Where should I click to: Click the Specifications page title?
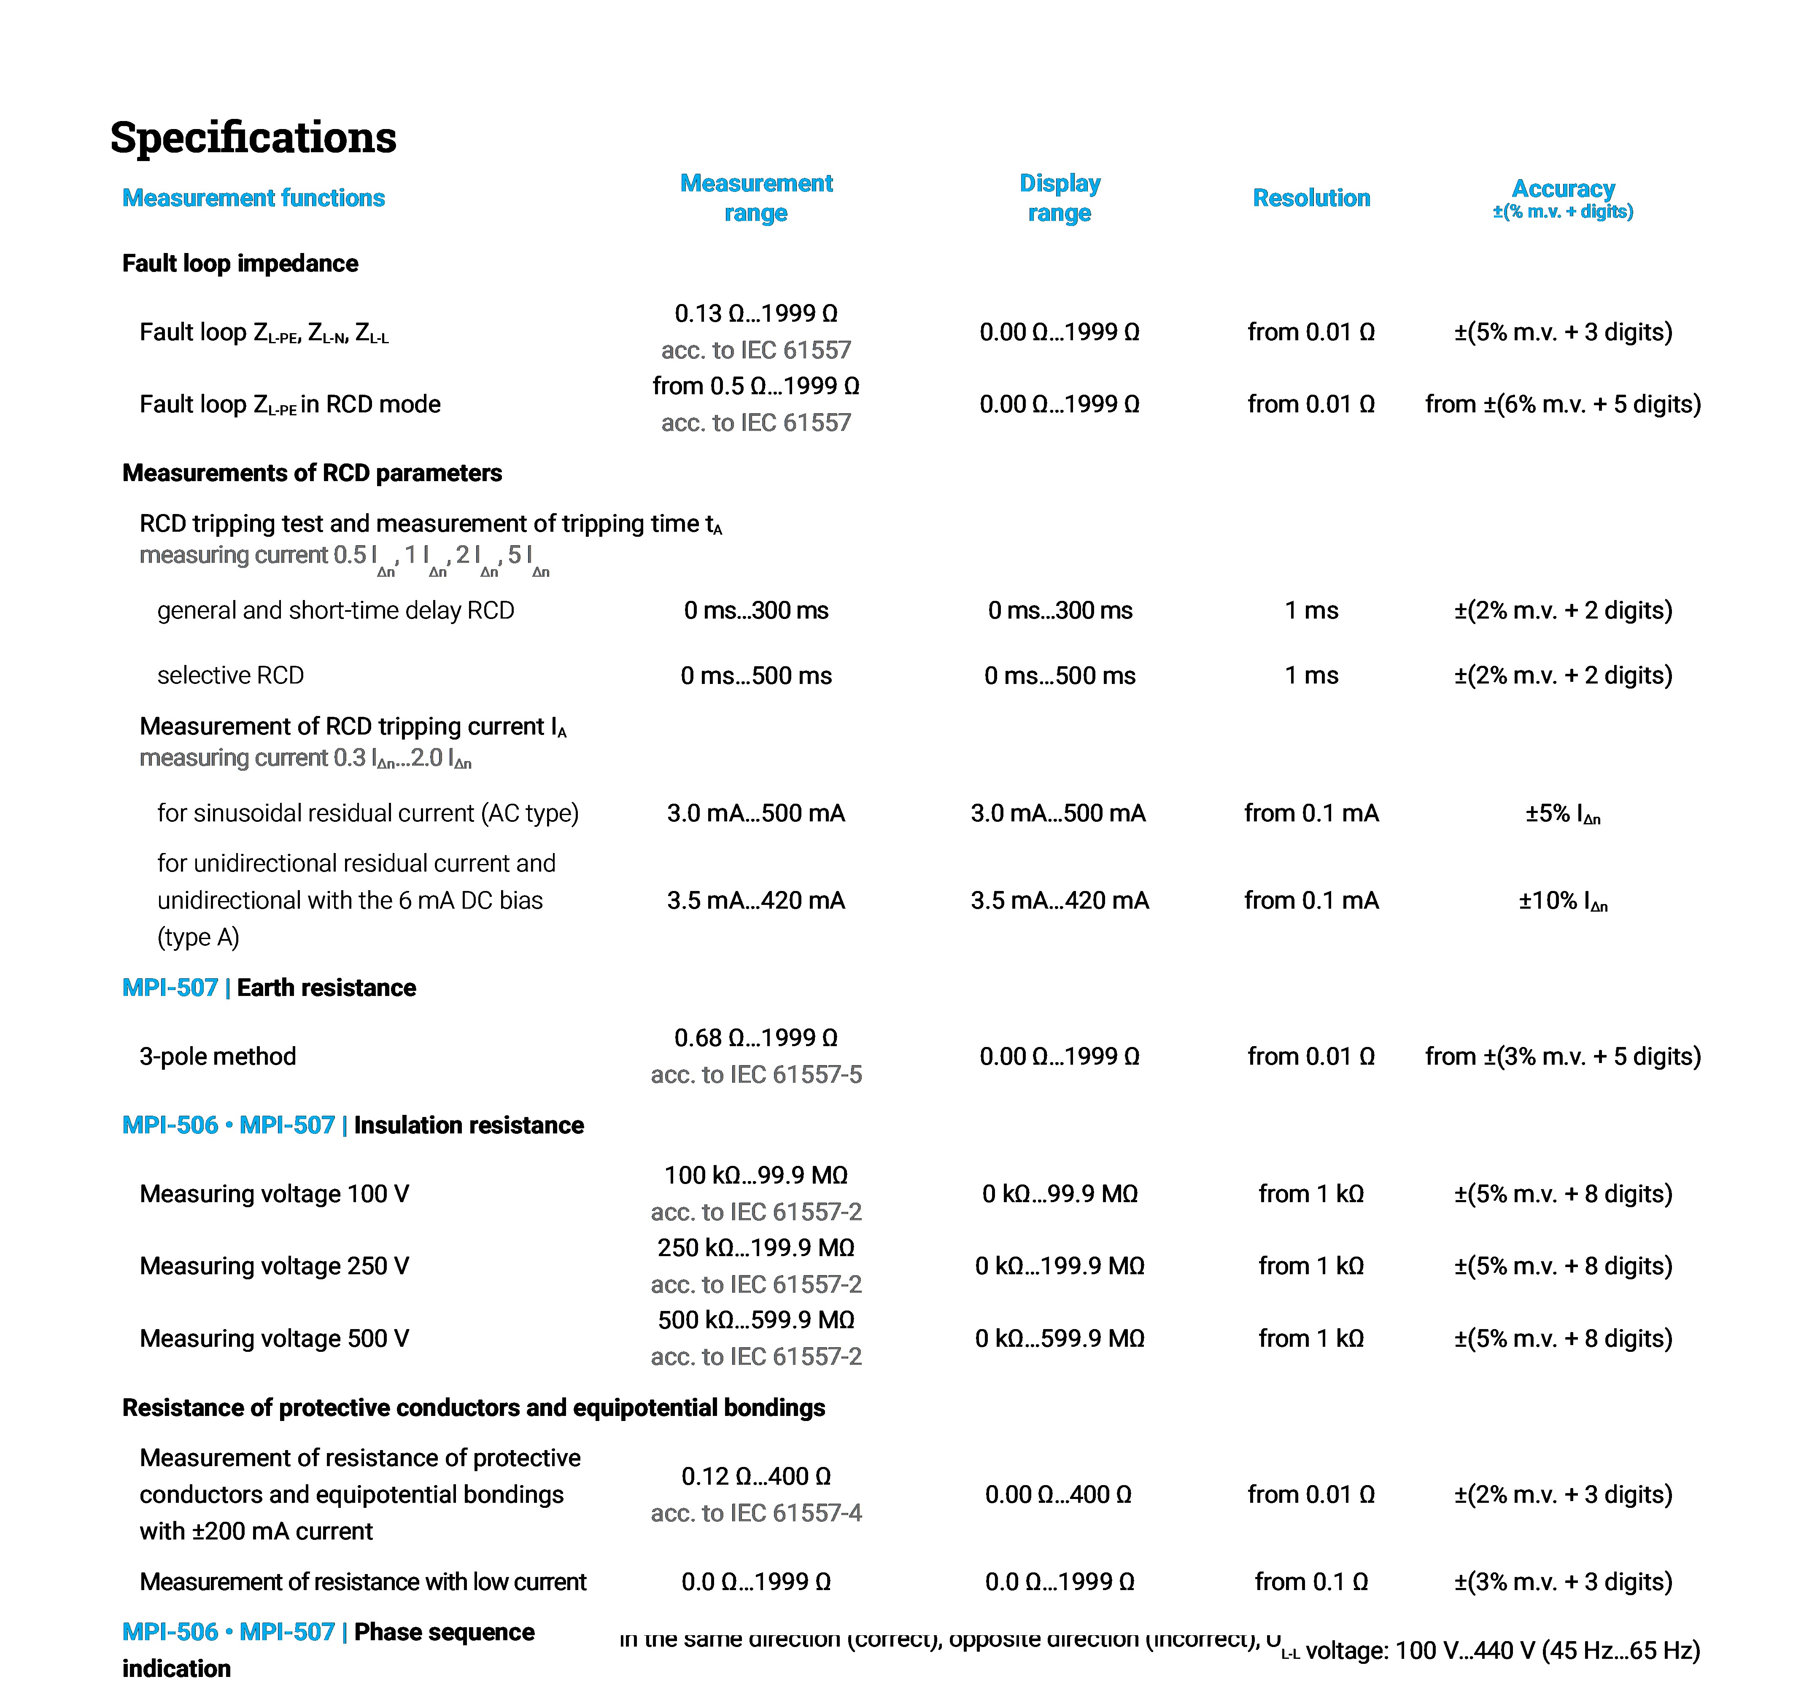(253, 137)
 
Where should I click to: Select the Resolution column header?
(1311, 197)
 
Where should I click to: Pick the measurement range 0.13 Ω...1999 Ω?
(756, 313)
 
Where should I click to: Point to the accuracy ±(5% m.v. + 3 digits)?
(1562, 331)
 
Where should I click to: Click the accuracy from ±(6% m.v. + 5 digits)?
(1562, 404)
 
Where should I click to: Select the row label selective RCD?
(230, 675)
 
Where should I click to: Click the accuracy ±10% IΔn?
(1562, 901)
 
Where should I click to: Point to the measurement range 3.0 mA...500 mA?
(756, 813)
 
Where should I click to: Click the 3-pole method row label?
(218, 1056)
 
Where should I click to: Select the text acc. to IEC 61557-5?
(756, 1075)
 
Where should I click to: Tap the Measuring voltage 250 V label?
(274, 1266)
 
